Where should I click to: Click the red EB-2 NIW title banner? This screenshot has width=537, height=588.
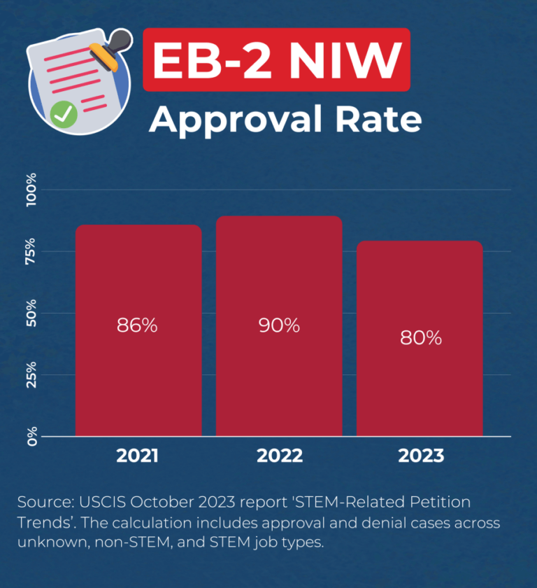click(276, 59)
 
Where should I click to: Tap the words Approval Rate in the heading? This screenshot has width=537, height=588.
click(285, 120)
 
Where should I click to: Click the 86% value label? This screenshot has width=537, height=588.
click(138, 325)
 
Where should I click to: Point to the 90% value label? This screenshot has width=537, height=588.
click(279, 325)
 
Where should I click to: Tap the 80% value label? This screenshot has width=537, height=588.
click(420, 337)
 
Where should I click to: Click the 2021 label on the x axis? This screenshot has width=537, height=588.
click(138, 456)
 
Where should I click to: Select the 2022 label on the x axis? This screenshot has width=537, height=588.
click(279, 456)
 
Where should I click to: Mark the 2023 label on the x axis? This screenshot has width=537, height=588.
click(420, 456)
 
